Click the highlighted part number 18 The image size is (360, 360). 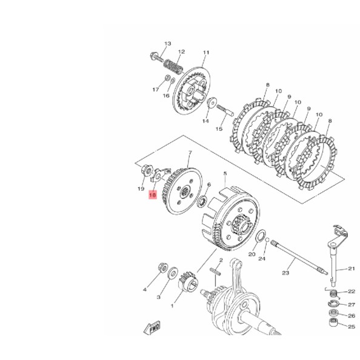153,195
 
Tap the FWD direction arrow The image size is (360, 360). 152,327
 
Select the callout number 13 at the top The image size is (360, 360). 168,44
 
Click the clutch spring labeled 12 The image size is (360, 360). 173,67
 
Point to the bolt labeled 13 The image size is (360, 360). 156,57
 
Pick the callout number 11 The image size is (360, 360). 206,52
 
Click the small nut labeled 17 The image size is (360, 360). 167,78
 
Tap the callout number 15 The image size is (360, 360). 219,129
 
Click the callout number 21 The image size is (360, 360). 352,268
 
